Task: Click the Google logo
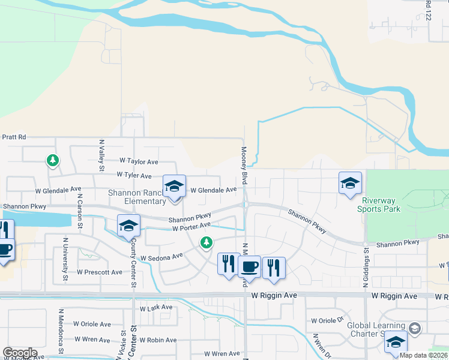pyautogui.click(x=20, y=353)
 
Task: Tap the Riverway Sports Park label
pyautogui.click(x=379, y=205)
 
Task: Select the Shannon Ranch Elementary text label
pyautogui.click(x=136, y=197)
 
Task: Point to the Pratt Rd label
pyautogui.click(x=13, y=137)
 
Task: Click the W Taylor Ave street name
pyautogui.click(x=139, y=161)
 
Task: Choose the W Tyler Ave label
pyautogui.click(x=134, y=176)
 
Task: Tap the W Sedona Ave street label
pyautogui.click(x=161, y=257)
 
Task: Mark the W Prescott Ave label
pyautogui.click(x=100, y=272)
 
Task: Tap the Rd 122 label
pyautogui.click(x=429, y=10)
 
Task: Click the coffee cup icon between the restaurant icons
pyautogui.click(x=249, y=265)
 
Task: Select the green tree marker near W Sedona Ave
pyautogui.click(x=206, y=242)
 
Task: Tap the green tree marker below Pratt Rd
pyautogui.click(x=53, y=160)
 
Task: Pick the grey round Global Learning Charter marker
pyautogui.click(x=414, y=328)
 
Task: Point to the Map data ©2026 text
pyautogui.click(x=424, y=355)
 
